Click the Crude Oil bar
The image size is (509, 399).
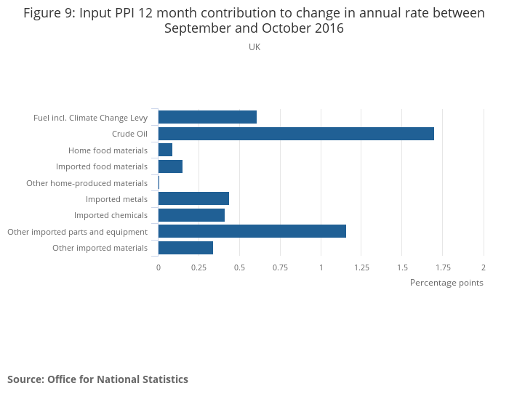coord(296,134)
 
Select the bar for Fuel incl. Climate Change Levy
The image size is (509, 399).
coord(207,117)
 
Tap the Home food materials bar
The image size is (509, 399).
coord(165,150)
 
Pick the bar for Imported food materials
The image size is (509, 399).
coord(170,166)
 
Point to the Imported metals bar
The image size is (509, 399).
coord(193,198)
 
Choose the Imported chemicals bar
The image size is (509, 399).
coord(191,215)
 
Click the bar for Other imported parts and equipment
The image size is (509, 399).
coord(252,231)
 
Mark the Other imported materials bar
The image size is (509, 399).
coord(185,248)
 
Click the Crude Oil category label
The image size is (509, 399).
coord(129,134)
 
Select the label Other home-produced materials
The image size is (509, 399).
coord(87,183)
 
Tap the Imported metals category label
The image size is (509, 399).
coord(116,199)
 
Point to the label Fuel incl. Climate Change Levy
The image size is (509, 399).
coord(90,118)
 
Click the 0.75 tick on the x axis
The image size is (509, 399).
coord(280,267)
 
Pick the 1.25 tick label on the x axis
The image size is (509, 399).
coord(361,267)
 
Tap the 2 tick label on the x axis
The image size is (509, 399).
coord(483,267)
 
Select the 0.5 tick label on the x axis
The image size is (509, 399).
coord(239,267)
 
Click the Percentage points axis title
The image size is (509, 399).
coord(446,283)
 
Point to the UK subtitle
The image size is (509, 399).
coord(254,47)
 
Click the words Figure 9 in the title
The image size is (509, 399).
coord(50,13)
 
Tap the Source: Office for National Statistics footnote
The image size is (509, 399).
coord(97,379)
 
